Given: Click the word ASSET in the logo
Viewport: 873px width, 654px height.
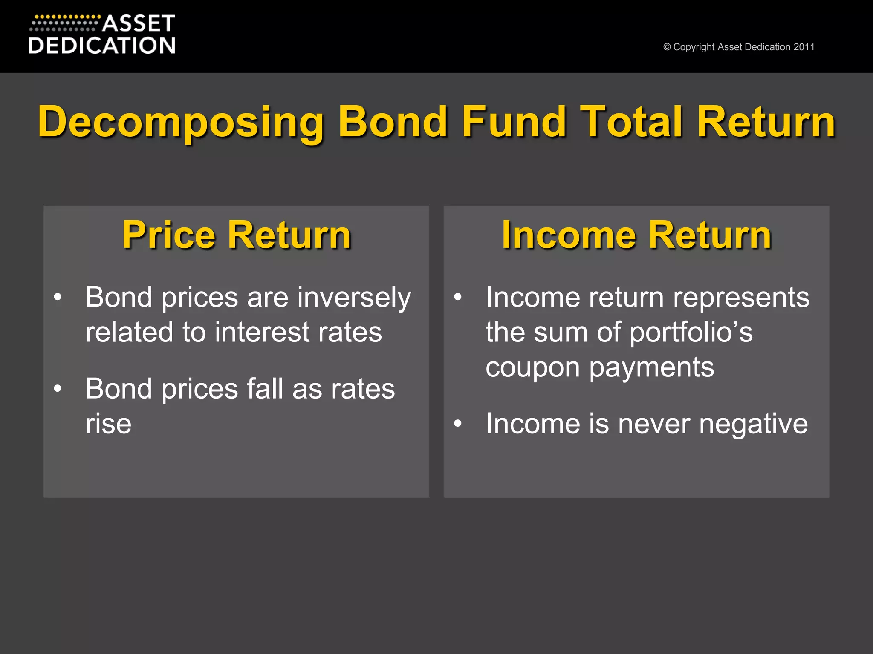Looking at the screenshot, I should coord(139,24).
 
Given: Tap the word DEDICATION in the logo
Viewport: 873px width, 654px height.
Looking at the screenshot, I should coord(102,46).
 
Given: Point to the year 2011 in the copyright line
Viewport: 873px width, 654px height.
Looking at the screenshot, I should coord(804,47).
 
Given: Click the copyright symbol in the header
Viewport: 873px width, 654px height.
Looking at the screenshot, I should coord(667,47).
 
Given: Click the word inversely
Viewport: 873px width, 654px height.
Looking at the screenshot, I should coord(354,298).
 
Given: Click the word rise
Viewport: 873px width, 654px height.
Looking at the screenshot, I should coord(108,424).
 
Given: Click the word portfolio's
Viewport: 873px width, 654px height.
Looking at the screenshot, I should coord(691,333).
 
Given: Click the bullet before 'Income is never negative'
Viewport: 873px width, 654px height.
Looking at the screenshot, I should coord(458,423).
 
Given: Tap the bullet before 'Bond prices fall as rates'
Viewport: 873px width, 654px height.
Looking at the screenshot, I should coord(58,388).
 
